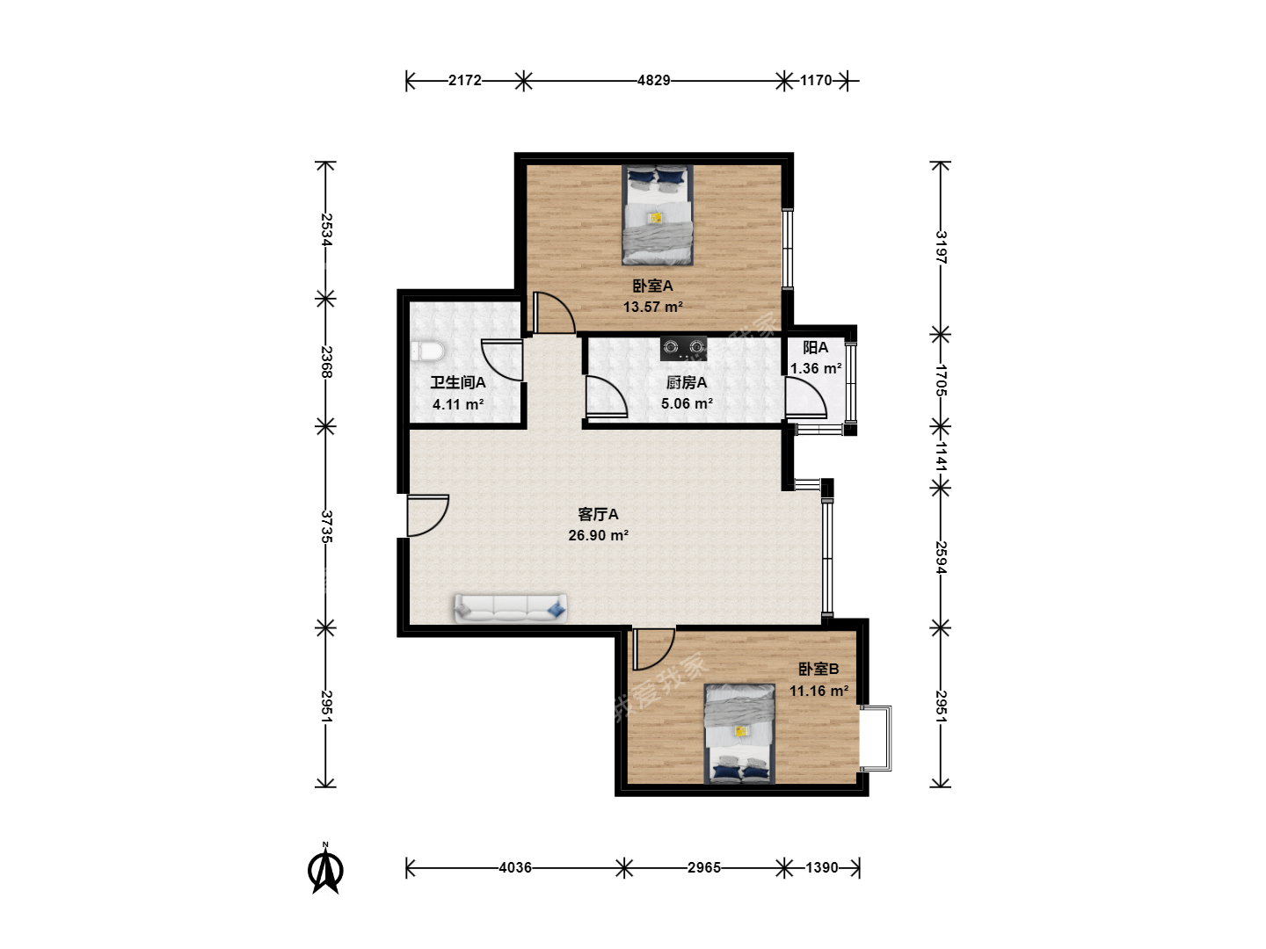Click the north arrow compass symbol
coord(325,869)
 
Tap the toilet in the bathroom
coord(427,351)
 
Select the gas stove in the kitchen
coord(683,349)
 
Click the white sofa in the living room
coord(511,608)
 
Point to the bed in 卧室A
coord(658,215)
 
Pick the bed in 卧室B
coord(739,734)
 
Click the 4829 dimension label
coord(653,81)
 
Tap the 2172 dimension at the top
coord(465,81)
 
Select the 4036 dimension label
coord(515,868)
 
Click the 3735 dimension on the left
coord(326,526)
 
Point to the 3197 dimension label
coord(941,247)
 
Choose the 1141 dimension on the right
coord(941,456)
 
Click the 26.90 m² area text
coord(598,535)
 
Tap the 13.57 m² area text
coord(653,308)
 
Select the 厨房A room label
coord(687,382)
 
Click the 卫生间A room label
coord(458,382)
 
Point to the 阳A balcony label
coord(816,347)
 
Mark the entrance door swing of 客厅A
coord(427,515)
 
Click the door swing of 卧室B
coord(653,649)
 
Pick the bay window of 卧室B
coord(876,738)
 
